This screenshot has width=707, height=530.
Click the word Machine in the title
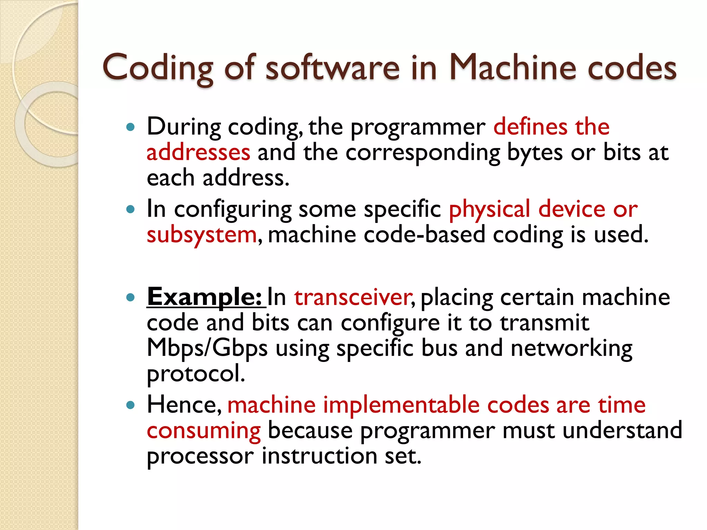(x=512, y=68)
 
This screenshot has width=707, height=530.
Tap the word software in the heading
(x=332, y=68)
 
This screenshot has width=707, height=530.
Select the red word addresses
(x=198, y=153)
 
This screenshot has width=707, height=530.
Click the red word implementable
(x=401, y=405)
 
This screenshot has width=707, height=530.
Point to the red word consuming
(x=204, y=431)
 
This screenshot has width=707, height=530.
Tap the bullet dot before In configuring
(x=130, y=209)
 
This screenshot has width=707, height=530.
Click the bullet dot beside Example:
(x=130, y=297)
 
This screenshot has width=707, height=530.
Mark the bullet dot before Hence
(x=130, y=405)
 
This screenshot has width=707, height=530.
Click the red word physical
(x=489, y=210)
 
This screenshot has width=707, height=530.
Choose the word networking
(x=571, y=349)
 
